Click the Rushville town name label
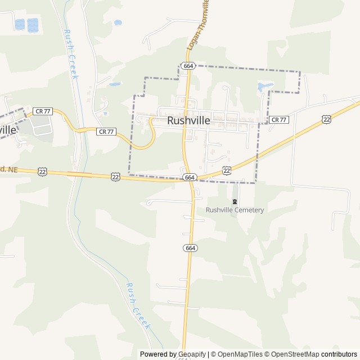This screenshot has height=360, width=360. pyautogui.click(x=188, y=120)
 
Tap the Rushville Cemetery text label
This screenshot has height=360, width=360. pyautogui.click(x=235, y=210)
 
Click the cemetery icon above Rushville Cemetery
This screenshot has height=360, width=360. pyautogui.click(x=235, y=201)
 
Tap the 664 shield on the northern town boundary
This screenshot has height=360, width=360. pyautogui.click(x=188, y=66)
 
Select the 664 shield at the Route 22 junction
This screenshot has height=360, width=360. pyautogui.click(x=190, y=177)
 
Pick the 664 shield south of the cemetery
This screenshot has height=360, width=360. pyautogui.click(x=190, y=248)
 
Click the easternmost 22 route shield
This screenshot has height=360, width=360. pyautogui.click(x=326, y=119)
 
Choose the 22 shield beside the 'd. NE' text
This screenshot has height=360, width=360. pyautogui.click(x=43, y=172)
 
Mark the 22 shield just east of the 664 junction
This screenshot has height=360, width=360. pyautogui.click(x=227, y=170)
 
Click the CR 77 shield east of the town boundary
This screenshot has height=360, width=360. pyautogui.click(x=278, y=120)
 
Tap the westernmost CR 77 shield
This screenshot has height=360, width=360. pyautogui.click(x=43, y=111)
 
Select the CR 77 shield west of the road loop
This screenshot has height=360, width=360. pyautogui.click(x=106, y=132)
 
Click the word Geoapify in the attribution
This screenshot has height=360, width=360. pyautogui.click(x=192, y=354)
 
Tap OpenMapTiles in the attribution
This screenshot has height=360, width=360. pyautogui.click(x=240, y=354)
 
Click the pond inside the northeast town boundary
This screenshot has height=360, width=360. pyautogui.click(x=264, y=87)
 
